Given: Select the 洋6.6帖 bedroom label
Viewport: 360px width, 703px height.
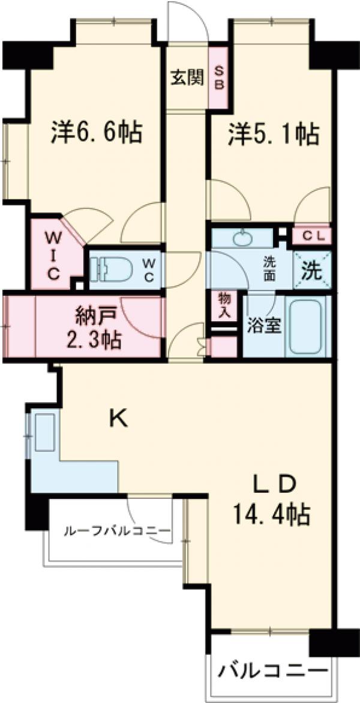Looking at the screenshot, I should click(96, 132).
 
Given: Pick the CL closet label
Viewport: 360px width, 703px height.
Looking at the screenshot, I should click(311, 237).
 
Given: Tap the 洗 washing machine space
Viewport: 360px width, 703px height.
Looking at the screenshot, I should click(311, 271).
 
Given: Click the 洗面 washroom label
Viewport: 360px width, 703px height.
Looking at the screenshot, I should click(269, 270).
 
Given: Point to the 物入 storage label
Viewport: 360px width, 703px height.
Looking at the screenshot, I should click(225, 304).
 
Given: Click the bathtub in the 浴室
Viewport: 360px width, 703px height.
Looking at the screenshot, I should click(308, 328).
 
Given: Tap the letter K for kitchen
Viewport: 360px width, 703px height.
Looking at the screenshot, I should click(118, 418).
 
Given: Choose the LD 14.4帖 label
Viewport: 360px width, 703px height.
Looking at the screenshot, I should click(273, 498).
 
